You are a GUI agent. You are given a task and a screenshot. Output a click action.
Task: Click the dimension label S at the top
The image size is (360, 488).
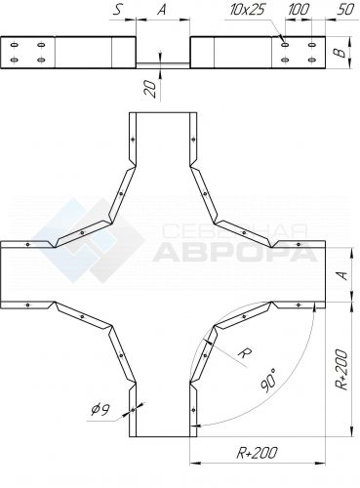[x=118, y=10]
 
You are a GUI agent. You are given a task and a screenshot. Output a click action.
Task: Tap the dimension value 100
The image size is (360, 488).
[x=299, y=10]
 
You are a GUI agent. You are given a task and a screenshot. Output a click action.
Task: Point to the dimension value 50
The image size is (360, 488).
[x=345, y=10]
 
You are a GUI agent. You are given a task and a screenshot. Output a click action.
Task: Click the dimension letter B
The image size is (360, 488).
[x=340, y=53]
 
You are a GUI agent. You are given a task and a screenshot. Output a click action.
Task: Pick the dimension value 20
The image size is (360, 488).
[x=151, y=90]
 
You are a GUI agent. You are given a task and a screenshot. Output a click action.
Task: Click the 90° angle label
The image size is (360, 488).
[x=269, y=380]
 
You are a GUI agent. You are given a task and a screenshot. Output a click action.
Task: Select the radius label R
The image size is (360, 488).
[x=244, y=353]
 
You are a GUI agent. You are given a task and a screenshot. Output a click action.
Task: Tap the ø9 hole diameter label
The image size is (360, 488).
[x=100, y=410]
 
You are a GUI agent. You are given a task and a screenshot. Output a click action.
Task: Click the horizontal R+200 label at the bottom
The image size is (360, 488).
[x=258, y=453]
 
